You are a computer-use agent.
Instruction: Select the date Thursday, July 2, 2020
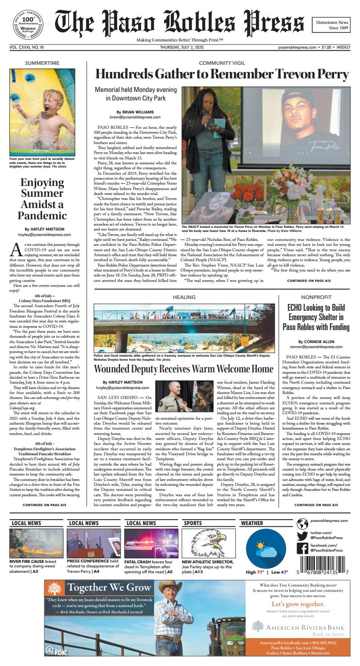180,47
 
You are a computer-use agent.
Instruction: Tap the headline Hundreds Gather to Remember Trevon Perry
222,74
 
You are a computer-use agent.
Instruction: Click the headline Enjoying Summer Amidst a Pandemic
42,199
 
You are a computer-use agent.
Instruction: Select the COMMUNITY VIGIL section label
221,62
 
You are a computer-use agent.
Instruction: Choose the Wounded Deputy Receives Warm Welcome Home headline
183,369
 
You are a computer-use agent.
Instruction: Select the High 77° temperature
255,572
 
